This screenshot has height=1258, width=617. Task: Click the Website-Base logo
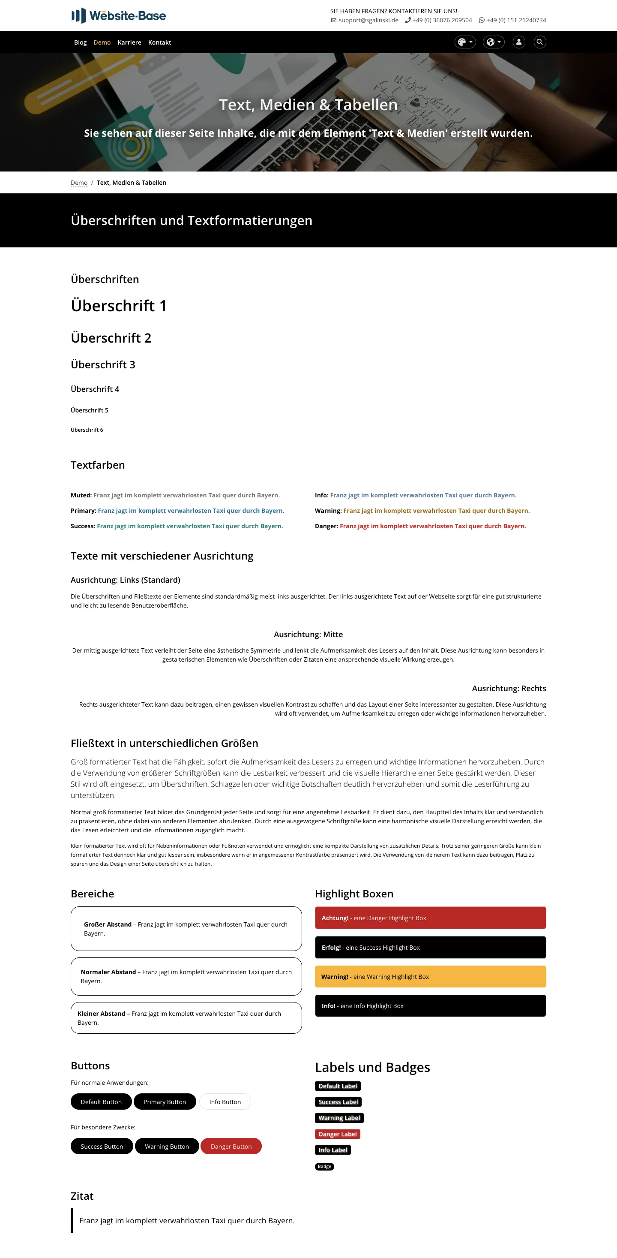coord(119,15)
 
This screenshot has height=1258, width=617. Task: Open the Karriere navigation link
coord(129,42)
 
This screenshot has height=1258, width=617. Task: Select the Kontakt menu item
coord(160,42)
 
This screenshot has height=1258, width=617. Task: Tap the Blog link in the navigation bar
coord(80,42)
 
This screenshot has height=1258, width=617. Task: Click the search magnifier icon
coord(539,42)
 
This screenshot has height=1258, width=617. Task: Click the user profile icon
coord(519,42)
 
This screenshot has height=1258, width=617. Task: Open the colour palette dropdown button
coord(465,42)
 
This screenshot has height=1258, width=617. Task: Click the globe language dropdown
coord(494,42)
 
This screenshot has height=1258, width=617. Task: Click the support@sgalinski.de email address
coord(368,21)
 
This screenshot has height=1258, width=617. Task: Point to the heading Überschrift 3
coord(103,364)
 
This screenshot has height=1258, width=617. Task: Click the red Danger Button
coord(231,1146)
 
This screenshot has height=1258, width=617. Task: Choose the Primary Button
coord(165,1102)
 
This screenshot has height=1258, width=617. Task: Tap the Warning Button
coord(166,1146)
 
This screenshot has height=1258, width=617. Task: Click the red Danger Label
coord(337,1134)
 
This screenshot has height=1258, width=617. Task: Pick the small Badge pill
coord(324,1166)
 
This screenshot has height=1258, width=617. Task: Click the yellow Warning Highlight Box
coord(430,977)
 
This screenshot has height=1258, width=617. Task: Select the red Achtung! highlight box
coord(430,918)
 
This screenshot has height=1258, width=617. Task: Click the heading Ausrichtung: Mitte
coord(308,635)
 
